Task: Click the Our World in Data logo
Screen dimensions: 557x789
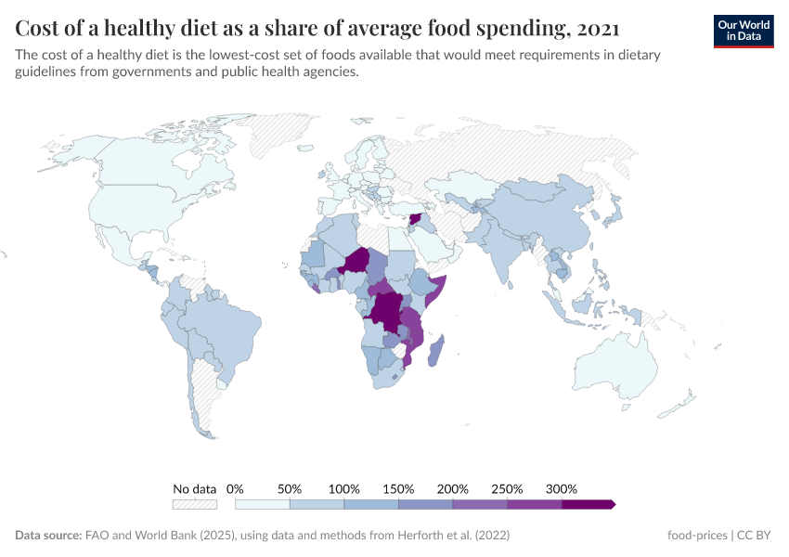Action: click(743, 31)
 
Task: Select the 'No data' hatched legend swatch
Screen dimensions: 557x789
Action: click(194, 504)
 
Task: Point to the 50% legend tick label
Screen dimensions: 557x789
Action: click(290, 488)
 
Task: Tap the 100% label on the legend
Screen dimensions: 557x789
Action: click(343, 488)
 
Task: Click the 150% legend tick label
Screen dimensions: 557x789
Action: click(398, 488)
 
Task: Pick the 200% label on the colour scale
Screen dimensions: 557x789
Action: click(453, 488)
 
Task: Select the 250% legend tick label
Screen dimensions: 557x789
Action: click(507, 488)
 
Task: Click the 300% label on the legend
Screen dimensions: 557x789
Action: click(562, 488)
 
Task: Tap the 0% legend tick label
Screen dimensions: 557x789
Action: click(235, 488)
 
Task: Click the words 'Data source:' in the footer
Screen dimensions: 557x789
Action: click(48, 536)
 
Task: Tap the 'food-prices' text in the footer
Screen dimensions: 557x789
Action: click(697, 536)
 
